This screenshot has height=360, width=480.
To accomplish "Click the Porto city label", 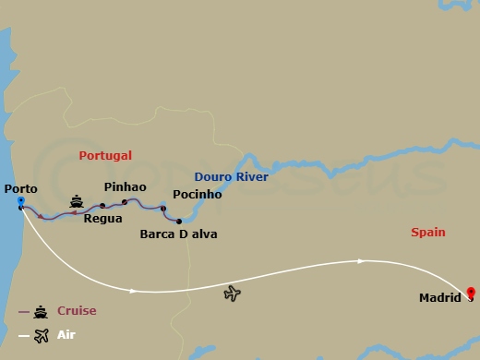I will click(x=21, y=189).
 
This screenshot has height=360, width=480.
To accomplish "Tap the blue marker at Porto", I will click(x=20, y=201).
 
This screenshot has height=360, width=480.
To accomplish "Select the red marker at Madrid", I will click(x=470, y=292).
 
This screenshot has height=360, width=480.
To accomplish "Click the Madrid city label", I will click(x=440, y=299).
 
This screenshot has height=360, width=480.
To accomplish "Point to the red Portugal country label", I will click(x=105, y=156).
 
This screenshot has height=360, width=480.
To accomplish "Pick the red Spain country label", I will click(x=428, y=233).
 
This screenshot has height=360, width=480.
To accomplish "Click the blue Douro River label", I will click(x=231, y=177).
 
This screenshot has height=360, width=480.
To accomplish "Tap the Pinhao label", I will click(x=126, y=186).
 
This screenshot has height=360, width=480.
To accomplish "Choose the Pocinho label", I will click(x=197, y=195).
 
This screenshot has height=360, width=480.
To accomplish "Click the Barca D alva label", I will click(x=178, y=234).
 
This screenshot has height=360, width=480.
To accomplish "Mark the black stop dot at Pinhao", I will click(x=124, y=200).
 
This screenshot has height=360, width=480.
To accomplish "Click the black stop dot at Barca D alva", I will click(x=179, y=222).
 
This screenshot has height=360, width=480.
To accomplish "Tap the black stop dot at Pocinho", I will click(x=163, y=210).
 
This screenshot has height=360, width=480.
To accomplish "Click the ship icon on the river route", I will click(x=78, y=200).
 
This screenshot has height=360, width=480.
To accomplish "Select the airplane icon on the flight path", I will click(x=233, y=294).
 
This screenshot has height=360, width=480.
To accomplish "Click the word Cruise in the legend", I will click(x=77, y=311).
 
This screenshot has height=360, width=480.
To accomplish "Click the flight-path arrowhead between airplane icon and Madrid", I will click(x=361, y=261).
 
